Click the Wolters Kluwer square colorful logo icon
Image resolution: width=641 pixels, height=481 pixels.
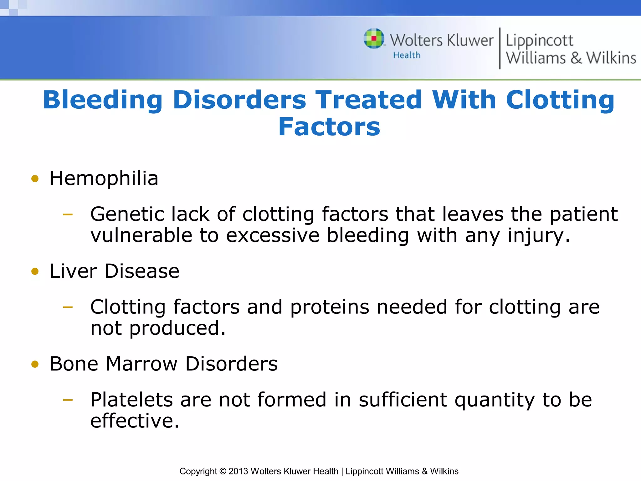click(x=374, y=39)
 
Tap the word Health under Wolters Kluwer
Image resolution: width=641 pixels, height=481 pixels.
click(x=407, y=55)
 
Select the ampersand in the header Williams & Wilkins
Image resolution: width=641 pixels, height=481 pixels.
click(x=576, y=58)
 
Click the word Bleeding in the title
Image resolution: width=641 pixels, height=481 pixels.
click(x=103, y=100)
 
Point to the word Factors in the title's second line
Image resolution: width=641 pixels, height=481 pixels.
click(x=329, y=127)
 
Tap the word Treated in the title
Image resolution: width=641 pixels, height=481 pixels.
click(x=369, y=100)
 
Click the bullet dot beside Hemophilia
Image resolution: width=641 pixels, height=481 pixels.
click(x=35, y=179)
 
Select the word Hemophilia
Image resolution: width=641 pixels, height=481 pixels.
click(x=104, y=179)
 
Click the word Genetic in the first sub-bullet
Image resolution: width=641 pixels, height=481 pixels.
click(x=127, y=215)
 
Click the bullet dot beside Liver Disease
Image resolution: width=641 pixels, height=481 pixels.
click(x=35, y=271)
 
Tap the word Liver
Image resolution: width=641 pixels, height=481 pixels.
click(x=73, y=271)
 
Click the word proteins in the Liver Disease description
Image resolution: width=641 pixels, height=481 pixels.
click(x=330, y=308)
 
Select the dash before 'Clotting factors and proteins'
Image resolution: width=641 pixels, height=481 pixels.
click(x=68, y=307)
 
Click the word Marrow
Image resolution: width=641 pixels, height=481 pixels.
click(x=141, y=364)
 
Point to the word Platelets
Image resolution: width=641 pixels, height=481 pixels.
click(x=131, y=400)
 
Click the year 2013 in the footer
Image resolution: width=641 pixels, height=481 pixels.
click(x=238, y=471)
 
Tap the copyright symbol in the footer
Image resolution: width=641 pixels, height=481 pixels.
click(x=223, y=471)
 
